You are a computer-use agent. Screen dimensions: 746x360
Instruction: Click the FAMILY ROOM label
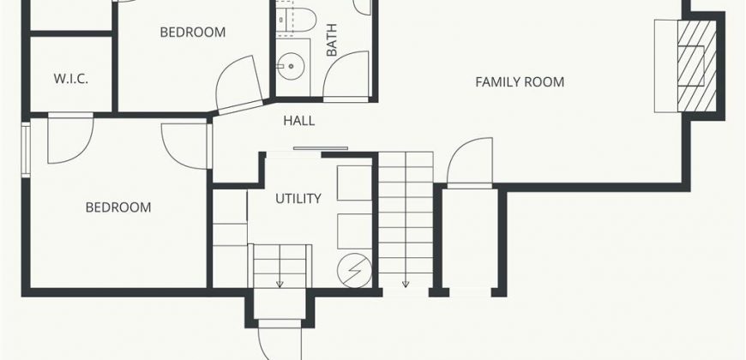pyautogui.click(x=520, y=82)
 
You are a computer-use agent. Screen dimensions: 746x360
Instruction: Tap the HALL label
pyautogui.click(x=298, y=121)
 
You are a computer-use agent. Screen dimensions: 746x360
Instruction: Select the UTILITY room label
pyautogui.click(x=298, y=198)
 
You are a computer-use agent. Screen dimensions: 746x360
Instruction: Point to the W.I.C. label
pyautogui.click(x=70, y=79)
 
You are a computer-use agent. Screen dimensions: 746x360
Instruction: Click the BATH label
pyautogui.click(x=332, y=40)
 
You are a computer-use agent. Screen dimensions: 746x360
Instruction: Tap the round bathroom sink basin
pyautogui.click(x=289, y=67)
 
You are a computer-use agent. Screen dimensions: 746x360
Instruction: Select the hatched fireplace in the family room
pyautogui.click(x=697, y=66)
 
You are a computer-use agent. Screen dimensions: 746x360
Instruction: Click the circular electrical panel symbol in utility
pyautogui.click(x=354, y=271)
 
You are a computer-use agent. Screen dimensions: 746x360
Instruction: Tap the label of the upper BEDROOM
pyautogui.click(x=193, y=33)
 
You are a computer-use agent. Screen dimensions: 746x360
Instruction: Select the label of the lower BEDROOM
pyautogui.click(x=118, y=207)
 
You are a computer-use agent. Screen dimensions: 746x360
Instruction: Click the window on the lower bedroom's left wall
pyautogui.click(x=26, y=150)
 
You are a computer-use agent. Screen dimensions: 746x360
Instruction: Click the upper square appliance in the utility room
pyautogui.click(x=354, y=183)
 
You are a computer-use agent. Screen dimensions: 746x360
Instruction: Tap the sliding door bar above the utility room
pyautogui.click(x=321, y=148)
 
